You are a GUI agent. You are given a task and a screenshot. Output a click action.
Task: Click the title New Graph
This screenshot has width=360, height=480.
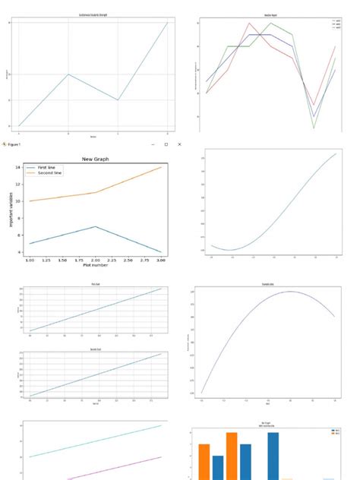pos(96,159)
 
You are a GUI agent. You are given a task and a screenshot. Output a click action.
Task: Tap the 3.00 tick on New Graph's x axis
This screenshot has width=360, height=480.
pos(161,260)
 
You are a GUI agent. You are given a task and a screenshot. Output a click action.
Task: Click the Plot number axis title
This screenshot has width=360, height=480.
pos(96,265)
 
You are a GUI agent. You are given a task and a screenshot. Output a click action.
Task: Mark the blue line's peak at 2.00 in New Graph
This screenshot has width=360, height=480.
pos(96,226)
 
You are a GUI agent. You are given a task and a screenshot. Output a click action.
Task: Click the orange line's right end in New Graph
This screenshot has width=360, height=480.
pos(161,167)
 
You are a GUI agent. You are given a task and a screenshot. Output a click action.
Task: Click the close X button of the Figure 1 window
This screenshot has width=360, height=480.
pos(179,144)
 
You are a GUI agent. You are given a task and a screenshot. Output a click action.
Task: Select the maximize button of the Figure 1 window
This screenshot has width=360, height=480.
pos(166,144)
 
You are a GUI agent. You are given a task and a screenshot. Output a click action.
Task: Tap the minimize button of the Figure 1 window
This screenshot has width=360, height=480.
pos(153,144)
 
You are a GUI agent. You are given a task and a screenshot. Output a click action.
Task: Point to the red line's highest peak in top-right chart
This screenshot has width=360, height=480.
pos(248,23)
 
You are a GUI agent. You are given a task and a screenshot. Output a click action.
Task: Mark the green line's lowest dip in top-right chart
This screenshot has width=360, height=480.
pos(314,128)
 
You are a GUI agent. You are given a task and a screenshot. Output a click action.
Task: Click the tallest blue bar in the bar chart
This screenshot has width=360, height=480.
pos(273,456)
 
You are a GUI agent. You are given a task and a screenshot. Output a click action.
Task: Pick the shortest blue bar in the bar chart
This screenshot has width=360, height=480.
pos(218,467)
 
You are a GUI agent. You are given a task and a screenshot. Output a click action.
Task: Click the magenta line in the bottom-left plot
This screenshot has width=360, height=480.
pos(114,468)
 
